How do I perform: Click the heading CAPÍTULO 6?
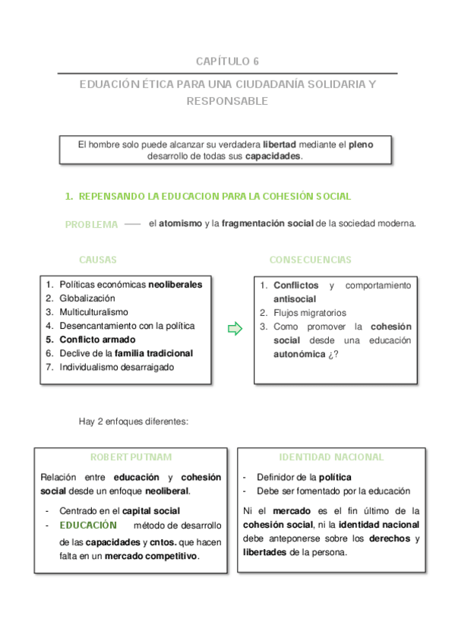(x=227, y=62)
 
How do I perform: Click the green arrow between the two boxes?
(x=235, y=329)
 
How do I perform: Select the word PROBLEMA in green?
(x=91, y=225)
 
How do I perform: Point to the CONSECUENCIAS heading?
(x=310, y=260)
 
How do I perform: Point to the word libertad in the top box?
(x=280, y=144)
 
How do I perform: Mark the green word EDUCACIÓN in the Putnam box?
(x=88, y=525)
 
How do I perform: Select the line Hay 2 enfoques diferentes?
(x=133, y=421)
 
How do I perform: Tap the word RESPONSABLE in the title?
(x=227, y=101)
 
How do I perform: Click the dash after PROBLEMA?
(x=132, y=224)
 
